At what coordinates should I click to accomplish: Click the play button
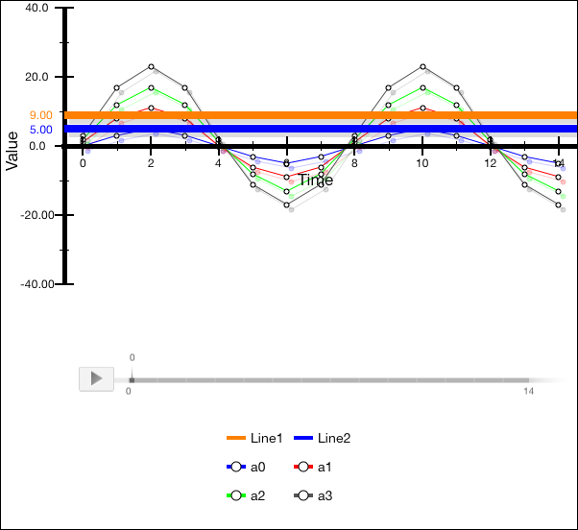point(96,378)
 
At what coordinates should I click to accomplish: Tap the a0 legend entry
point(246,468)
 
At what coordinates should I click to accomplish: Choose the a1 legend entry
point(313,468)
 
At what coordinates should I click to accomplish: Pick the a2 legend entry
point(246,496)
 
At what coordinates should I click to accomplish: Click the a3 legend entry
point(313,496)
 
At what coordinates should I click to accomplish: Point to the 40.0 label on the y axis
point(36,8)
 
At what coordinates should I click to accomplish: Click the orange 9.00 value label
point(41,115)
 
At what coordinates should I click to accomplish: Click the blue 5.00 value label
point(41,130)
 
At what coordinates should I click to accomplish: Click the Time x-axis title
point(316,180)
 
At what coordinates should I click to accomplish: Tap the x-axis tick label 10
point(422,164)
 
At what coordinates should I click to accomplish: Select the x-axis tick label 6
point(286,164)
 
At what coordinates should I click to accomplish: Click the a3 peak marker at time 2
point(151,67)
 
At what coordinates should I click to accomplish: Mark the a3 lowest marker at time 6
point(286,204)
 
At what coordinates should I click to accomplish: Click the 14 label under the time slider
point(528,392)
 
